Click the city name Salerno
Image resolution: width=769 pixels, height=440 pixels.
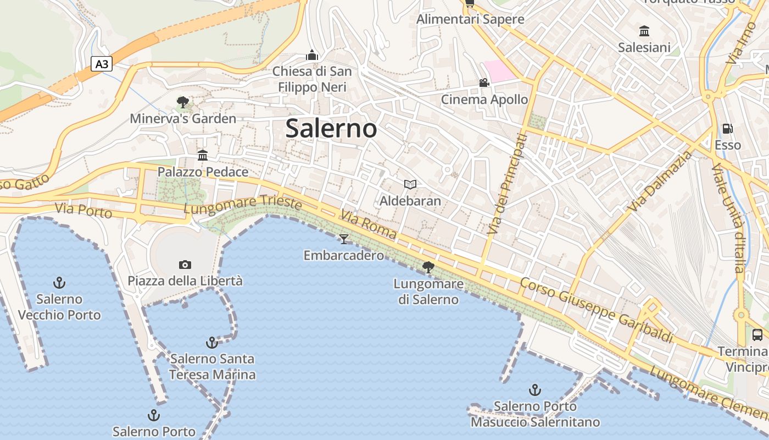coord(331,129)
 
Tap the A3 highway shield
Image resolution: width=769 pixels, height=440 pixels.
coord(102,64)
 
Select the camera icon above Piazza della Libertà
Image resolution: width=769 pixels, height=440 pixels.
coord(185,265)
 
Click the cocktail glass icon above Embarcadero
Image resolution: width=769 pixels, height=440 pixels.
coord(344,239)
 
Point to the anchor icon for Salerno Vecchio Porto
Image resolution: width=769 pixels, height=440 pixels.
coord(59,283)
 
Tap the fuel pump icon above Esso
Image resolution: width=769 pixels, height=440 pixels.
coord(728,129)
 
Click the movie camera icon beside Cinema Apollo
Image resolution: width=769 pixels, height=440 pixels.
coord(484,83)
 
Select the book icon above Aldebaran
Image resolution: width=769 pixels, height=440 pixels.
coord(410,184)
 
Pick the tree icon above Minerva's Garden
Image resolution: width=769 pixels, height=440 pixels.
coord(183,102)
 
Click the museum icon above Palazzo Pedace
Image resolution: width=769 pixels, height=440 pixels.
coord(203,156)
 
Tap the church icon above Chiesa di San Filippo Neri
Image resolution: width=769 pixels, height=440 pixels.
coord(312,55)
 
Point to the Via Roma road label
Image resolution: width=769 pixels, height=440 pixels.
coord(368,224)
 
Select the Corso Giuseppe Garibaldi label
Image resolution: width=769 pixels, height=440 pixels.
coord(596,310)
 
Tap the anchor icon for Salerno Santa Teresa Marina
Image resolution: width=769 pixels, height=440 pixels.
coord(212,343)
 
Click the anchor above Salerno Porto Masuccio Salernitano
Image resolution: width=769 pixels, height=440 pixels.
coord(535,390)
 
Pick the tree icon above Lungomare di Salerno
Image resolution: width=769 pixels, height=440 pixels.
coord(428,267)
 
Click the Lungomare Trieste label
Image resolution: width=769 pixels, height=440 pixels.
coord(243,205)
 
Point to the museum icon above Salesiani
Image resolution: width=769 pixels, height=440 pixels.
coord(644,31)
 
